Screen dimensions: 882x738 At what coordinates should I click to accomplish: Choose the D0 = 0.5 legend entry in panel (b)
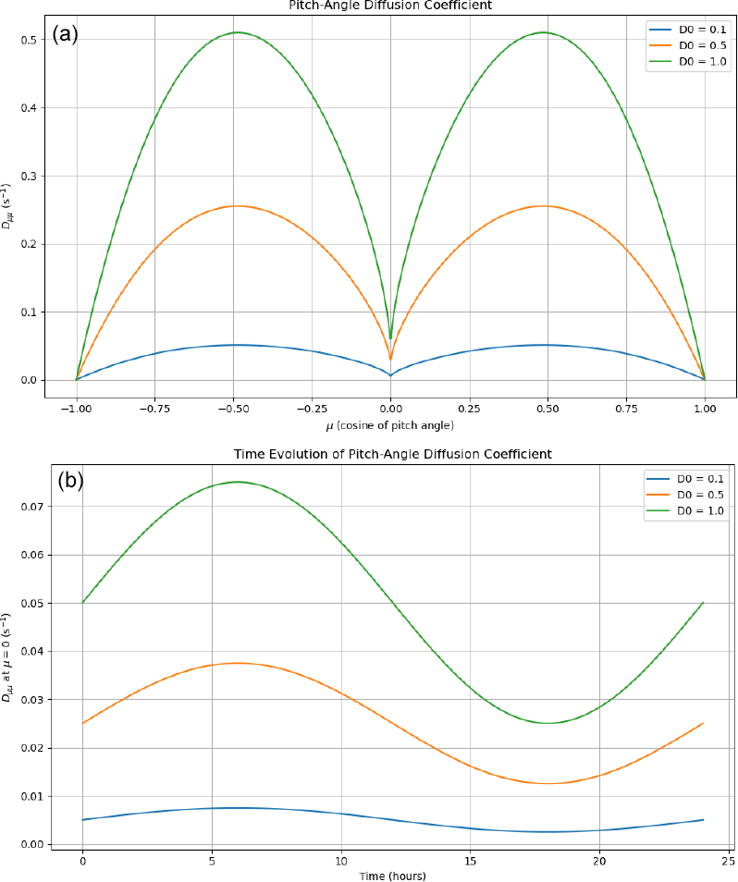pos(683,494)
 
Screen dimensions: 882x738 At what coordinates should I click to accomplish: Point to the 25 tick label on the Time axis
pos(729,860)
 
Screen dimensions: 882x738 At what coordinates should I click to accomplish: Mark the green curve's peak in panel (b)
pos(238,482)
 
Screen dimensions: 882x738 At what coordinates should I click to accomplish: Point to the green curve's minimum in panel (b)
pos(547,723)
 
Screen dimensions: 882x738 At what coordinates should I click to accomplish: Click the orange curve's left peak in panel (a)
pos(236,206)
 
